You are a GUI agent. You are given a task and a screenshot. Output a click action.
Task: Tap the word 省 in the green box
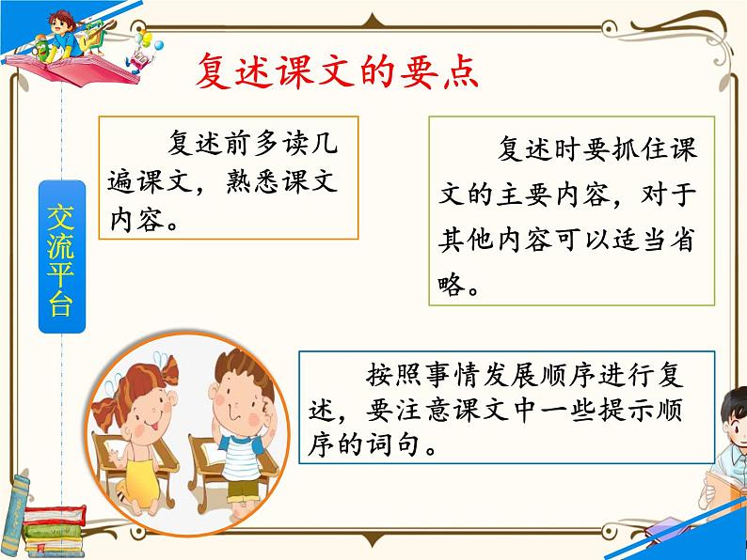683,242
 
